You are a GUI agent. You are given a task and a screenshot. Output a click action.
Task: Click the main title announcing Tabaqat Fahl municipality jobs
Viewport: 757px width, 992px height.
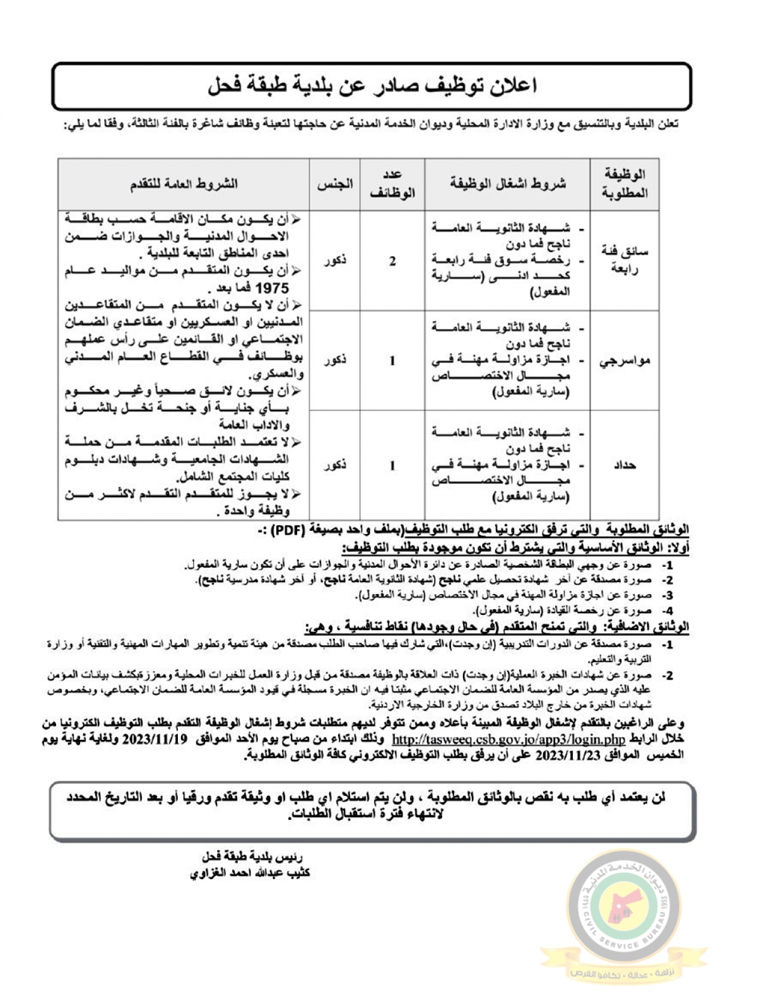coord(372,86)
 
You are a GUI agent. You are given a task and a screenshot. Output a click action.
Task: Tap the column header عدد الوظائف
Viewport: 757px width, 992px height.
coord(392,184)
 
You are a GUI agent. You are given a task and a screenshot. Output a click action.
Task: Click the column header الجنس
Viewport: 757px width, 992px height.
coord(334,184)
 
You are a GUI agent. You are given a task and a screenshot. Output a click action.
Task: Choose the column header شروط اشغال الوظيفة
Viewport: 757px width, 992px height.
coord(508,184)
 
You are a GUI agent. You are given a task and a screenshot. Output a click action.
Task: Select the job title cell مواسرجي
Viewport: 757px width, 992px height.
coord(625,361)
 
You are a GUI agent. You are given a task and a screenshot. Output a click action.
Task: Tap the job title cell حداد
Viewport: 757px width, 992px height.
coord(625,465)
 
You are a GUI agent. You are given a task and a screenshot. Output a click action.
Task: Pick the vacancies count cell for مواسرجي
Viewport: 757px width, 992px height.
coord(392,361)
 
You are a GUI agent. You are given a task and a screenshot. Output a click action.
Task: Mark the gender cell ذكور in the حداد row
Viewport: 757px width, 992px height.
coord(334,465)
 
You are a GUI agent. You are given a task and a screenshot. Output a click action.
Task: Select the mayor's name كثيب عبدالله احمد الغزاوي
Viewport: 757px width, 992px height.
coord(250,873)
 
